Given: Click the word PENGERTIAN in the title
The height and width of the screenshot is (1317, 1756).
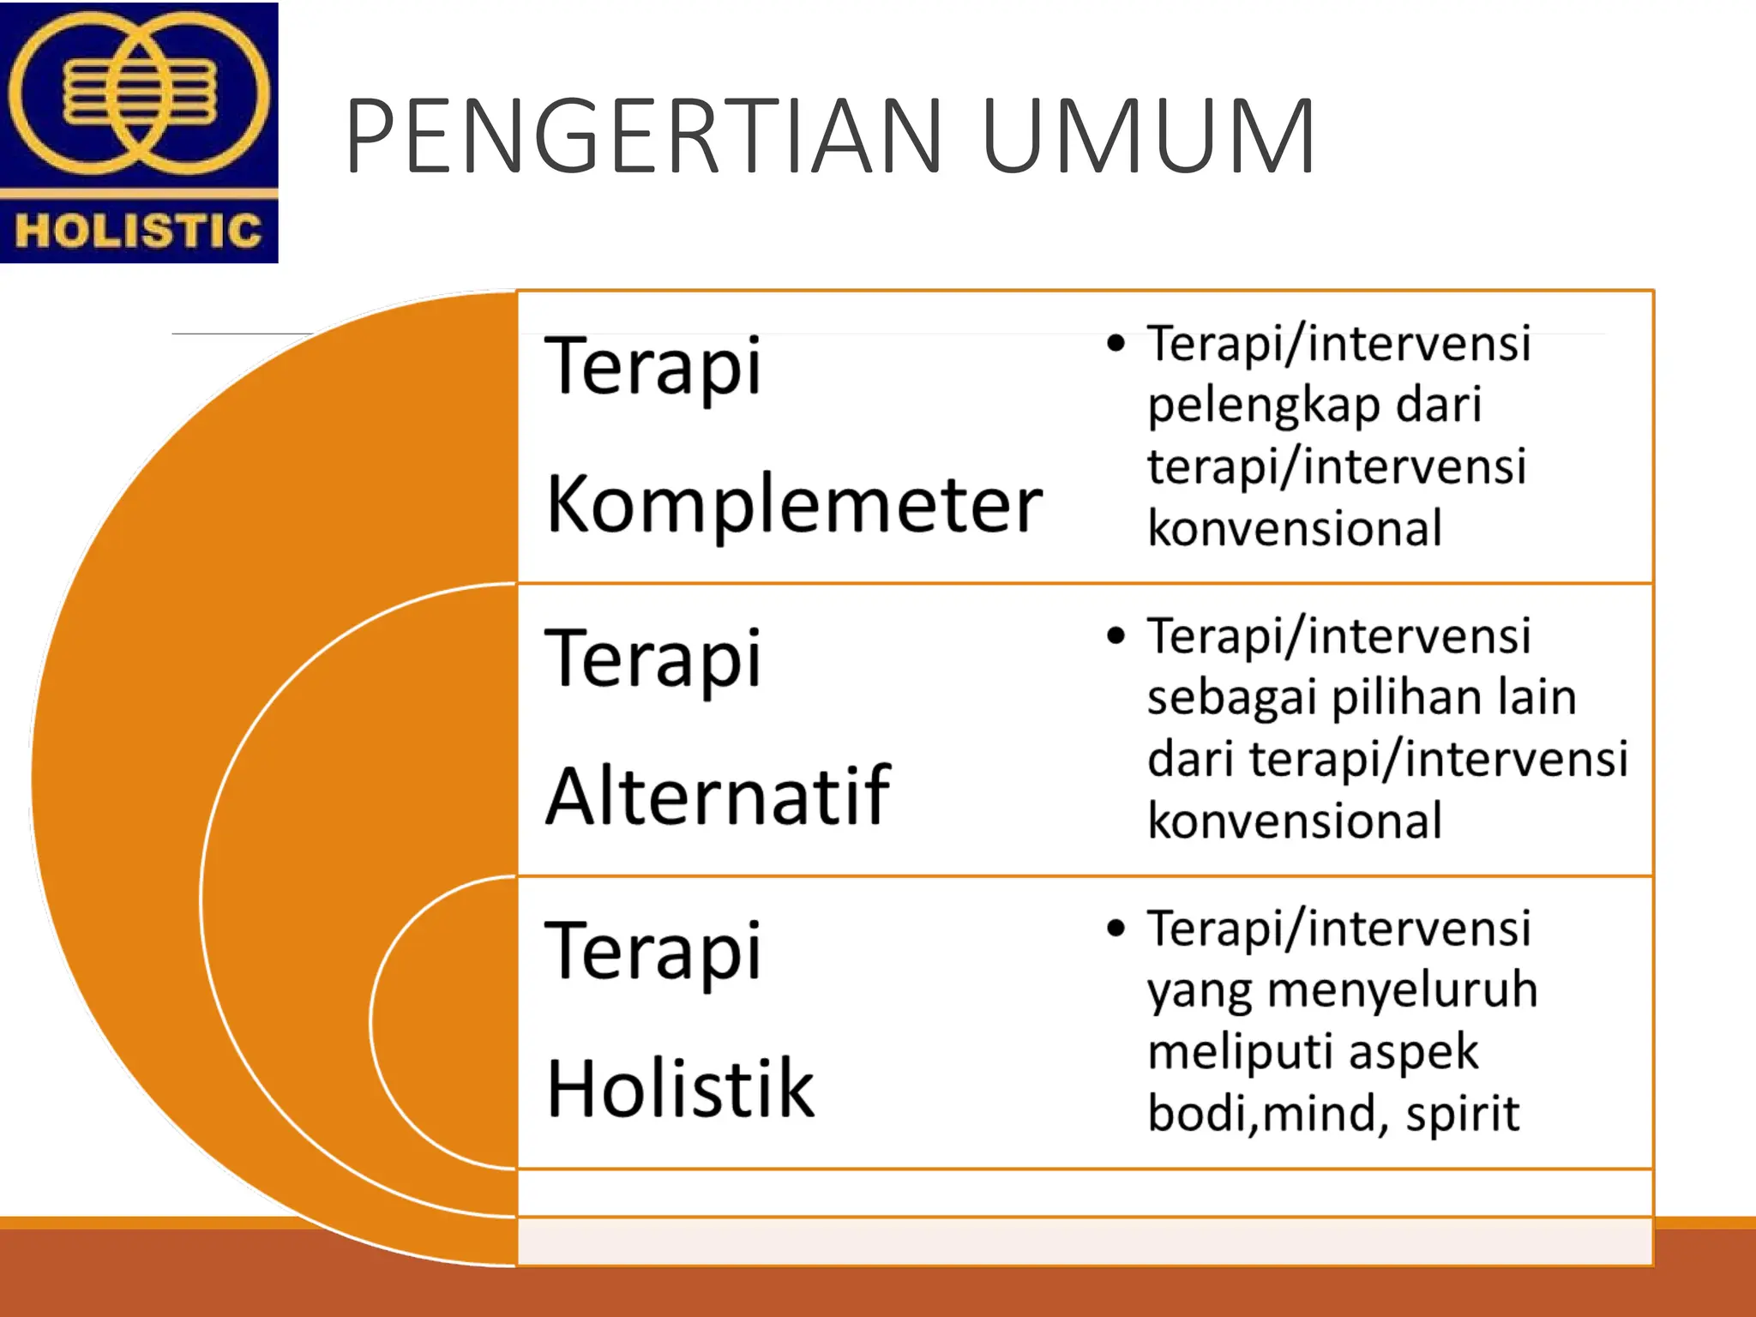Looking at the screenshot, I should (643, 137).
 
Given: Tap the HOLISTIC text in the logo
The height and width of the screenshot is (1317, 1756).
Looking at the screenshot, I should (138, 231).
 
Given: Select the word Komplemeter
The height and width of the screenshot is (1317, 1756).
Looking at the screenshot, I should (794, 506).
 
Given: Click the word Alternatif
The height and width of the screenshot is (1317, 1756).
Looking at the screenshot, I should (719, 797).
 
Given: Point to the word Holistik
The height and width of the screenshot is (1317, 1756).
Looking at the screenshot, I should (681, 1090).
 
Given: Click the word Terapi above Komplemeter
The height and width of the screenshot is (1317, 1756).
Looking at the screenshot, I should (653, 367).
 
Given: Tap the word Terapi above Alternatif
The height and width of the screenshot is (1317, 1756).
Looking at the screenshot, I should (653, 659).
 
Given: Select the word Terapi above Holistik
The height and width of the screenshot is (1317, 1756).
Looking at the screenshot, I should (653, 952).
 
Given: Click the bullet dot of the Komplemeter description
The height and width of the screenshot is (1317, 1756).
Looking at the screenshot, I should (1116, 344).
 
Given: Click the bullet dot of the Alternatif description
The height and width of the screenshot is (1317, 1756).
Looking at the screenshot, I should (1116, 636).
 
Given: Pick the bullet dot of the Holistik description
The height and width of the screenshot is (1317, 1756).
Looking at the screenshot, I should (1116, 929).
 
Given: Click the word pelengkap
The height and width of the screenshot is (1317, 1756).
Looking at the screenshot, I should (1264, 406).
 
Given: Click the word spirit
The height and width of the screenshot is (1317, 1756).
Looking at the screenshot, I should (1462, 1114).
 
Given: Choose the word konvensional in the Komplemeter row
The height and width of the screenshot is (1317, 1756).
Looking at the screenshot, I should (1295, 528).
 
